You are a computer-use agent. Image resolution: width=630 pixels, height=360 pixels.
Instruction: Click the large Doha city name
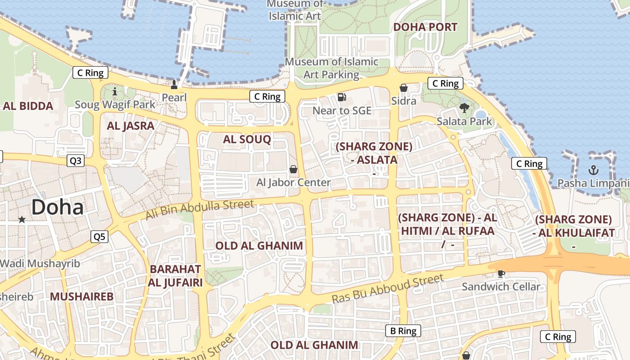pos(58,207)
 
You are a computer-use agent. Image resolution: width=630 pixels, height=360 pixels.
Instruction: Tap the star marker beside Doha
pos(22,220)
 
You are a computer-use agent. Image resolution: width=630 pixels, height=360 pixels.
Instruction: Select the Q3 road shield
pos(76,161)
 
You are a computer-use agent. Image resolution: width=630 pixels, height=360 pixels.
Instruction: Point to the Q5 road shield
pos(99,237)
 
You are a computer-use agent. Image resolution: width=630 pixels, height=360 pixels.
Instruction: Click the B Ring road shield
pos(403,331)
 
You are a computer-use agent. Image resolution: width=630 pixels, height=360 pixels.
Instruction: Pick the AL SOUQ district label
pos(247,139)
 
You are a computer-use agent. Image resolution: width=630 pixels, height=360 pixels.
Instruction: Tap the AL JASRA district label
pos(130,126)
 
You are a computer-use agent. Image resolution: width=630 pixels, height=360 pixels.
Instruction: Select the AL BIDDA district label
pos(28,106)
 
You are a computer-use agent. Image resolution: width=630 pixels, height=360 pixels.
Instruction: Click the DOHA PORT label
pos(425,27)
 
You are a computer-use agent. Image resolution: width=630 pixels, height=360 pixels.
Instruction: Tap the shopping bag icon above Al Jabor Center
pos(293,169)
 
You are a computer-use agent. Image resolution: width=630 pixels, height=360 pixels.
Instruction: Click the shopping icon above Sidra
pos(404,88)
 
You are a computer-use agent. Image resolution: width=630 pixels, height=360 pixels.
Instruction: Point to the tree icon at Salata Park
pos(464,108)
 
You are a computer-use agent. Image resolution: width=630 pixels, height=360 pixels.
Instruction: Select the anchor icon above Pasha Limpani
pos(594,170)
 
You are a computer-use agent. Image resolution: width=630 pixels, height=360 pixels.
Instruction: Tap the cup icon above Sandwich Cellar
pos(501,274)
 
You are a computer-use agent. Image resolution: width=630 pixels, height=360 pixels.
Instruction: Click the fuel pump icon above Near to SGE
pos(342,97)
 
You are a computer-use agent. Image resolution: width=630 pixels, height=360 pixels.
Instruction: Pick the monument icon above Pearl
pos(174,84)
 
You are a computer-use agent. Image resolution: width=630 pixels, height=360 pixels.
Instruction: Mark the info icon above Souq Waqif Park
pos(114,92)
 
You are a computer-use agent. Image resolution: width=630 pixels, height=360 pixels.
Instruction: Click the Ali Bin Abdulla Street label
pos(200,211)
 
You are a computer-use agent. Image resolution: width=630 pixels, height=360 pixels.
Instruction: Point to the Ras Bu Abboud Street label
pos(388,289)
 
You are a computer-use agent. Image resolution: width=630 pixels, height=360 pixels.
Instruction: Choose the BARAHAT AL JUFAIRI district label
pos(175,276)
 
